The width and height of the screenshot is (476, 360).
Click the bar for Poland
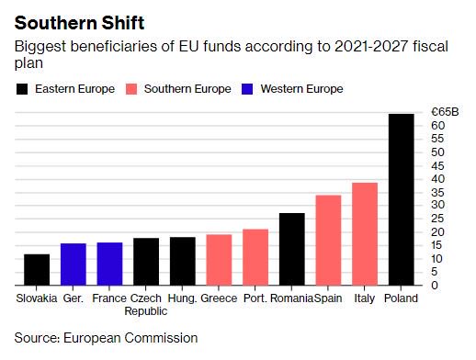(402, 199)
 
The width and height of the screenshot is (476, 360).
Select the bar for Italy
(365, 234)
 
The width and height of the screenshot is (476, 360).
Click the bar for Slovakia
(37, 269)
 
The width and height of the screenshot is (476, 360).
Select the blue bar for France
(109, 264)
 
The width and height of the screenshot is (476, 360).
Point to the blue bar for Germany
(74, 264)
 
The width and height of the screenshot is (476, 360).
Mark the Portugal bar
(255, 257)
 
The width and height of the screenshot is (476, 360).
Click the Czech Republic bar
(146, 262)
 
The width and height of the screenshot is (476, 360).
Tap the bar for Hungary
(182, 261)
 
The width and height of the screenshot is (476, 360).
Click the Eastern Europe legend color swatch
(22, 89)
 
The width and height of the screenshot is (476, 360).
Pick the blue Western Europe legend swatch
(245, 89)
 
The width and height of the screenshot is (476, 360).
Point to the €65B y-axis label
(444, 112)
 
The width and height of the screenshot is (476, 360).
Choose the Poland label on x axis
(402, 298)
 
